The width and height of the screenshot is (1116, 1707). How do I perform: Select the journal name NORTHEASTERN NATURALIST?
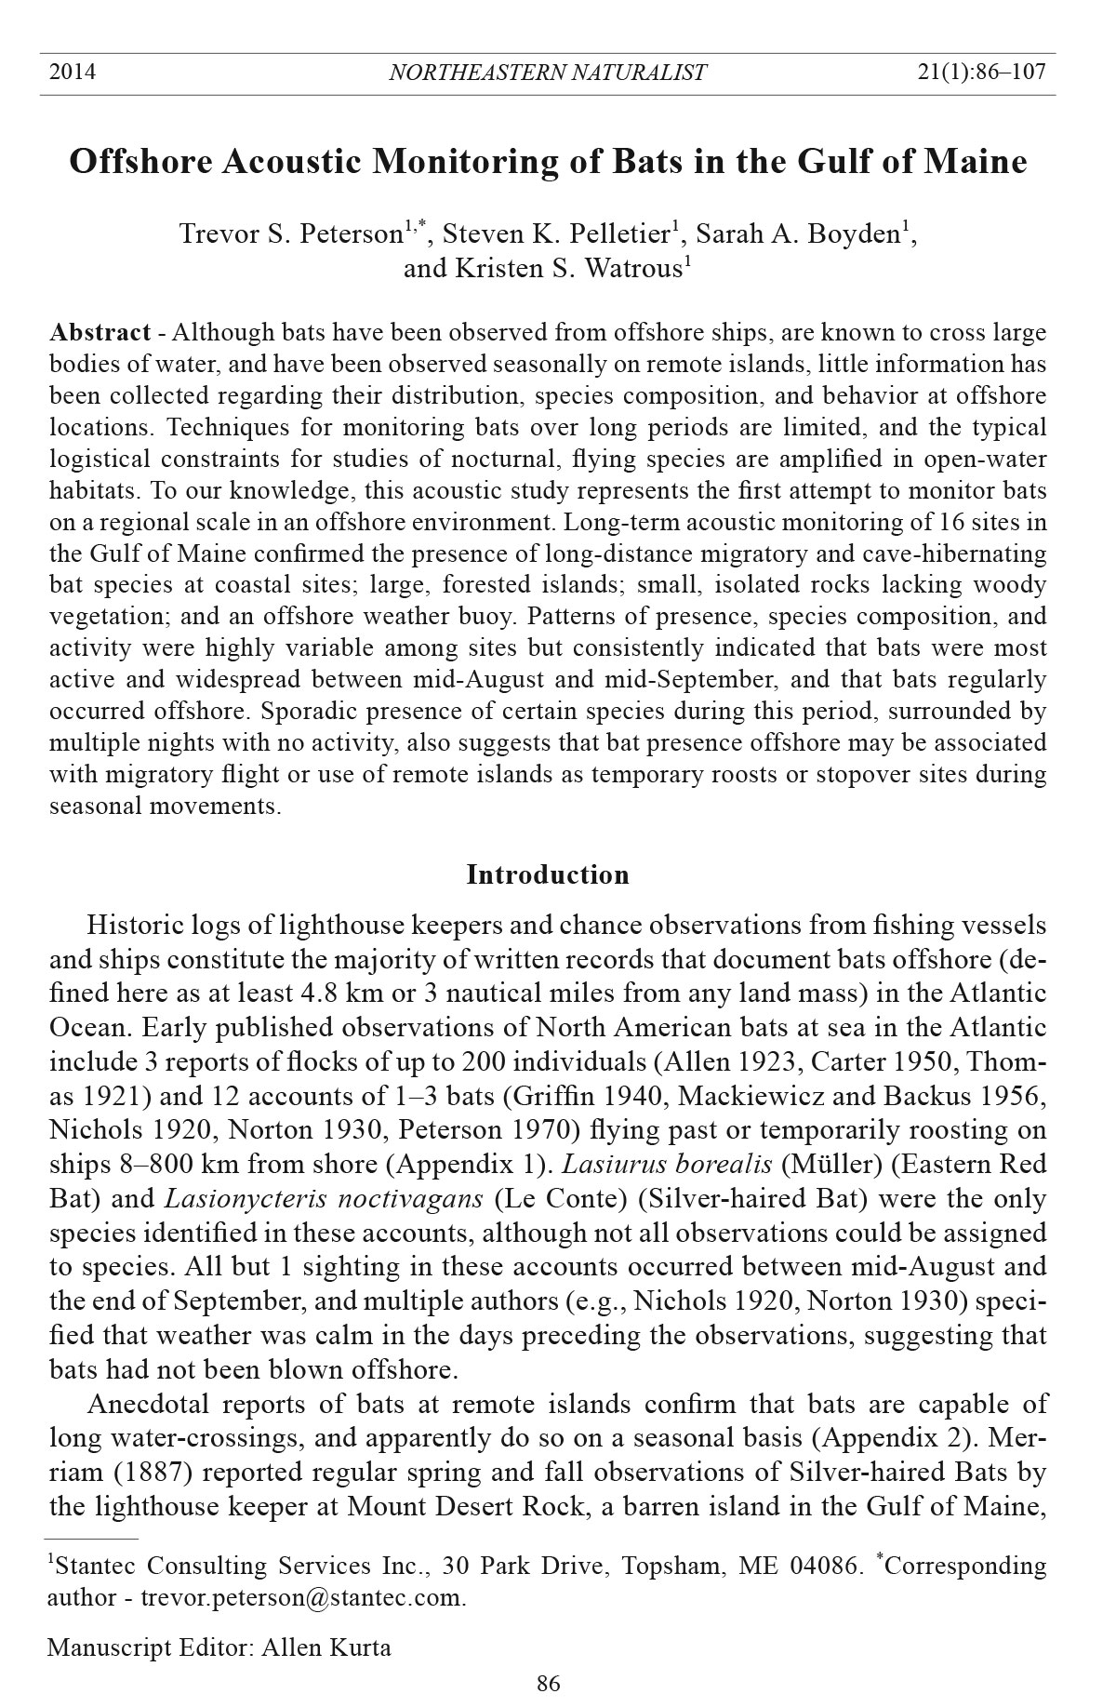[x=547, y=73]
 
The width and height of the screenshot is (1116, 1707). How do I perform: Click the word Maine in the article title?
[x=975, y=162]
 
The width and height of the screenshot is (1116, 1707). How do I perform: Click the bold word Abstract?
[x=100, y=333]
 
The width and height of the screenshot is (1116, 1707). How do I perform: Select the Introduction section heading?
[x=548, y=875]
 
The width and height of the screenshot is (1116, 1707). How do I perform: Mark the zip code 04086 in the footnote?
[x=821, y=1566]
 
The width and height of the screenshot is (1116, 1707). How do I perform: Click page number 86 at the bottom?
[x=549, y=1683]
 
